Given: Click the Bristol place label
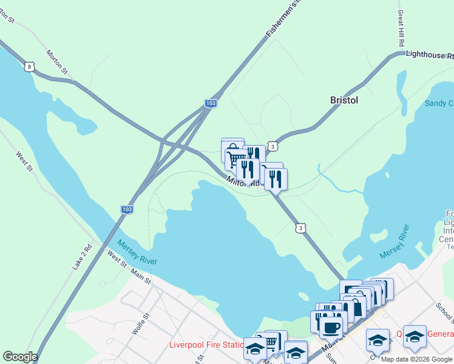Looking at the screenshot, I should [x=344, y=100].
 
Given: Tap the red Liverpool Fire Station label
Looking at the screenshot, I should [x=207, y=345].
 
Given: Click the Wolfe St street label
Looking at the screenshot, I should [x=140, y=325].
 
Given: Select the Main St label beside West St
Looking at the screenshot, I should [x=141, y=276].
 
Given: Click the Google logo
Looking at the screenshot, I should [x=20, y=357].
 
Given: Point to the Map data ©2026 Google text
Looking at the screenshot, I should [x=416, y=359].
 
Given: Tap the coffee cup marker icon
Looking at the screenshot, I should [x=331, y=328].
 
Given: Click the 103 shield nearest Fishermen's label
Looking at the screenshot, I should [x=210, y=104].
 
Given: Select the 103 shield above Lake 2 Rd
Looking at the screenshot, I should [x=126, y=209].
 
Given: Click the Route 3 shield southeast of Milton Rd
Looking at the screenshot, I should [x=300, y=227].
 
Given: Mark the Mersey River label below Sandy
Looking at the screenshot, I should [x=395, y=240].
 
